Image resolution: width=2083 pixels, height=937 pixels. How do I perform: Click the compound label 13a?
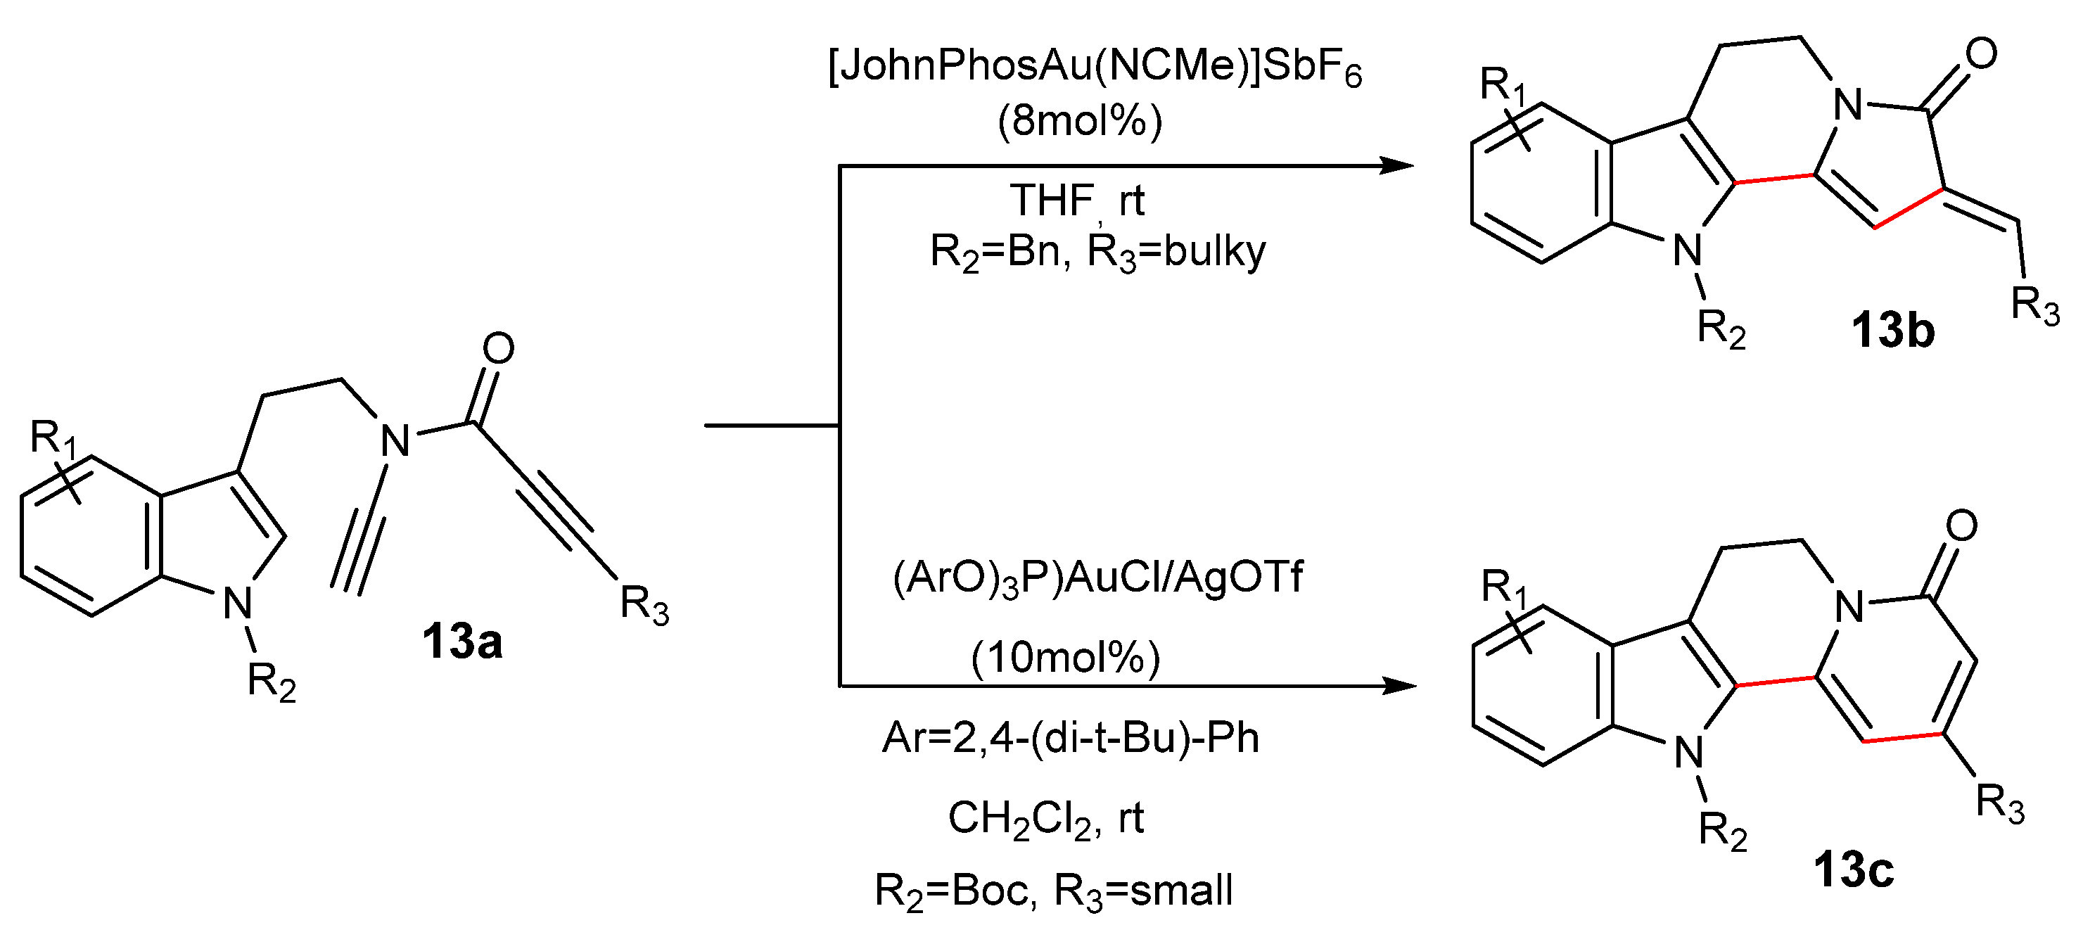coord(461,641)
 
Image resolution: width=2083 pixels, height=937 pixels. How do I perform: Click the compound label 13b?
coord(1892,330)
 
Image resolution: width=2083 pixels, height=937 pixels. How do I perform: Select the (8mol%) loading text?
coord(1080,121)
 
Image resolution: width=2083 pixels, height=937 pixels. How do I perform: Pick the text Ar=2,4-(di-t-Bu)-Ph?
coord(1071,737)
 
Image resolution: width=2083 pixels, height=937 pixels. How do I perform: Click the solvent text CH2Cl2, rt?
coord(1045,818)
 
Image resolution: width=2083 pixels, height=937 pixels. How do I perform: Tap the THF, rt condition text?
coord(1076,200)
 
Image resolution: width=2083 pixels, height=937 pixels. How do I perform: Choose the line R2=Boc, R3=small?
coord(1054,891)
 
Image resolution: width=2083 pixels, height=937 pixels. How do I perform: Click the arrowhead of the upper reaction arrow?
coord(1397,166)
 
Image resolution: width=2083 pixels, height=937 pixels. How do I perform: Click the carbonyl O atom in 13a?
coord(498,348)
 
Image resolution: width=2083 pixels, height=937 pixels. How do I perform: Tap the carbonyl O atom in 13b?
coord(1980,54)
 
